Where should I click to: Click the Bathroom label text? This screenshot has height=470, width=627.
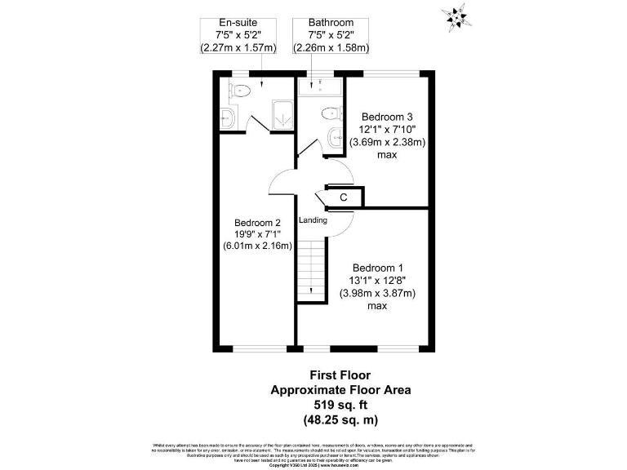pyautogui.click(x=331, y=22)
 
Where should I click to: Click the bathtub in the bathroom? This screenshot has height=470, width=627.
pyautogui.click(x=319, y=85)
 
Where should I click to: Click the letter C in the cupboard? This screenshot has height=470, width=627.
pyautogui.click(x=343, y=197)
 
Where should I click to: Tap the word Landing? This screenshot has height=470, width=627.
pyautogui.click(x=313, y=220)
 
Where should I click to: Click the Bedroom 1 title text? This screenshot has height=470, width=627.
pyautogui.click(x=376, y=268)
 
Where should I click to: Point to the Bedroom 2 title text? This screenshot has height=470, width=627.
pyautogui.click(x=257, y=223)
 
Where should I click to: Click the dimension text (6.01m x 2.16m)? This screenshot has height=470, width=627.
pyautogui.click(x=258, y=246)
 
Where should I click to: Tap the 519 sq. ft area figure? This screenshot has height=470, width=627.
pyautogui.click(x=340, y=404)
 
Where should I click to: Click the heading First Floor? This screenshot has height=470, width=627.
pyautogui.click(x=340, y=375)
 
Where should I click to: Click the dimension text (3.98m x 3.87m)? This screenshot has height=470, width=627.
pyautogui.click(x=377, y=294)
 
